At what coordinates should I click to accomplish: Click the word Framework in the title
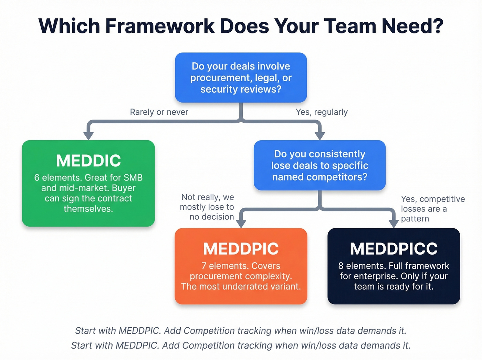tap(160, 26)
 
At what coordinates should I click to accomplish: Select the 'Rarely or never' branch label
tap(159, 112)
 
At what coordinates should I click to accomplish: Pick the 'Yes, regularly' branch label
tap(322, 112)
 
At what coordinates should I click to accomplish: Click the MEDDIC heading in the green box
tap(88, 161)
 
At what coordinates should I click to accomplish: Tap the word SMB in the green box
tap(133, 178)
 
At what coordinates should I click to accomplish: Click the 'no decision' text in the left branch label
tap(212, 217)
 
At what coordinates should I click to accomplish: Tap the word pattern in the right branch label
tap(415, 219)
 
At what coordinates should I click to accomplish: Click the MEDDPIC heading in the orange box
tap(241, 249)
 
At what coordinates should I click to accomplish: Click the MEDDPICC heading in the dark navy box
tap(394, 249)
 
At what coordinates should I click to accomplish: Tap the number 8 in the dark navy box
tap(341, 266)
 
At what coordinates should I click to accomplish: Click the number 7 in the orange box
tap(204, 266)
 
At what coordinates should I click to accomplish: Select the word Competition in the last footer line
tap(203, 346)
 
